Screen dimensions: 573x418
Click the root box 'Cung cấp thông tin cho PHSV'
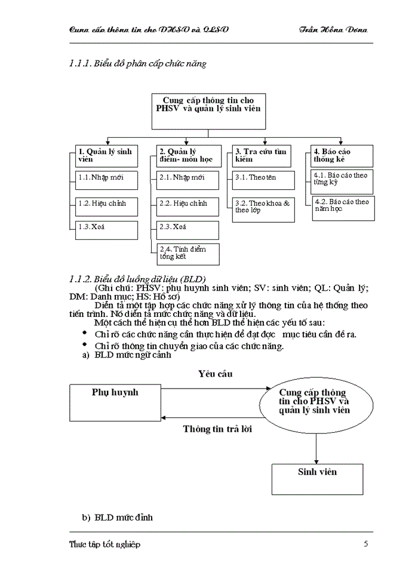[x=208, y=110]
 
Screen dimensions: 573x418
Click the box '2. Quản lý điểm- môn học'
[x=188, y=155]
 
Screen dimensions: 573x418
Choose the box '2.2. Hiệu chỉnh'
[x=188, y=205]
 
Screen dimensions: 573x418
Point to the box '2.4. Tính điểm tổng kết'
[x=188, y=254]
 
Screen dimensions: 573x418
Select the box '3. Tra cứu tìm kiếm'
[x=263, y=155]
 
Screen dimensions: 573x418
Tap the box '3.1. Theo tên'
[x=263, y=179]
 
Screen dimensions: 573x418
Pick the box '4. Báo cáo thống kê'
[x=342, y=155]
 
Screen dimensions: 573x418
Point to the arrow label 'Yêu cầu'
[x=215, y=374]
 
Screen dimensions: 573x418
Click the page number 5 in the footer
[x=365, y=544]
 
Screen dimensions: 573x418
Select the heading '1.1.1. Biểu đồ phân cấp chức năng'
[x=138, y=64]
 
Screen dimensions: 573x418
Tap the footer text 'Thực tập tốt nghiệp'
[x=105, y=544]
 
